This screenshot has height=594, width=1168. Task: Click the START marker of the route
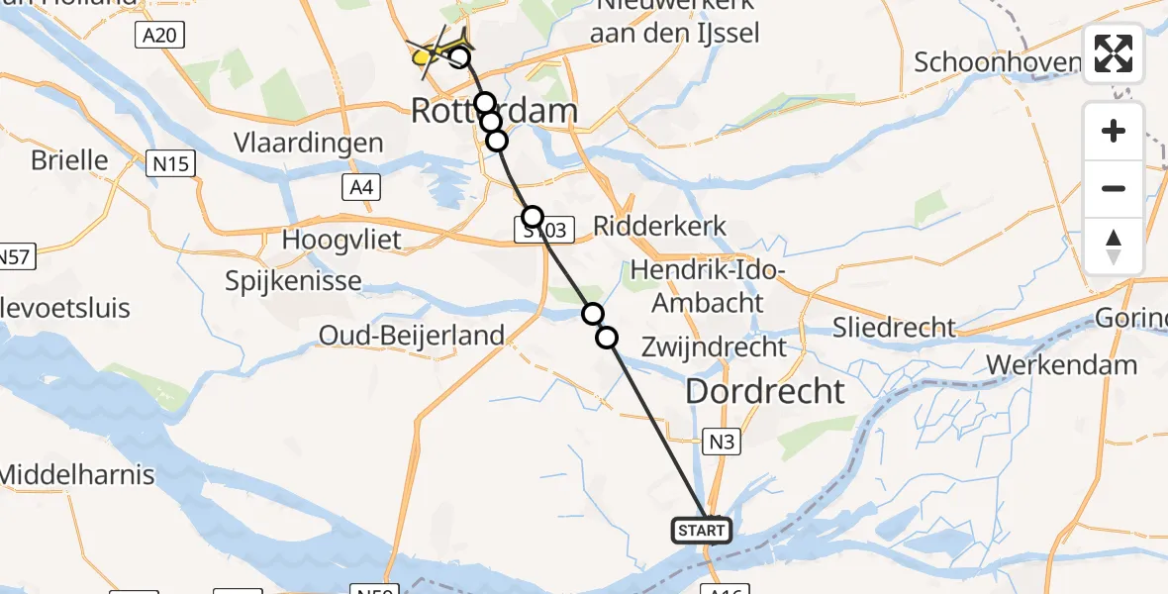702,531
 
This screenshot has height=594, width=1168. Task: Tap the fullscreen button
1114,53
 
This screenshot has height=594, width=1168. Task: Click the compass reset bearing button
1114,247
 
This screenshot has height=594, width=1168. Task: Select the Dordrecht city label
765,391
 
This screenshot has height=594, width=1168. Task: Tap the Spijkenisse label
294,281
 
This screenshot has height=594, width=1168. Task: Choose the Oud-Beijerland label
412,336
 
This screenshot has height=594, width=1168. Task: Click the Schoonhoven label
998,62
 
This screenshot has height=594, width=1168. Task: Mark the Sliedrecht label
895,327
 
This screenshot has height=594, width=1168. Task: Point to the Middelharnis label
77,474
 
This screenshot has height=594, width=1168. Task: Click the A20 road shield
158,36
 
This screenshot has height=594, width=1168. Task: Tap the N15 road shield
170,164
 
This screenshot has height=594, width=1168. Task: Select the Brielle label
69,159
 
